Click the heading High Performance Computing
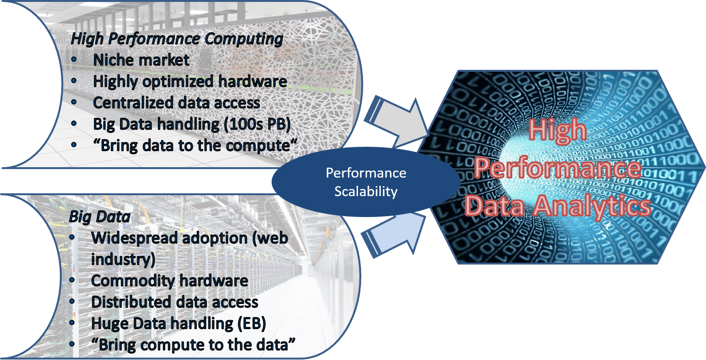tap(177, 39)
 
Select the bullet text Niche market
tap(141, 60)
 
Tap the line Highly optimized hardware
tap(190, 81)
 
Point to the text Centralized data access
tap(176, 103)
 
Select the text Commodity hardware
tap(169, 280)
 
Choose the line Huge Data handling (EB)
tap(179, 323)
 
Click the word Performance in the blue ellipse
tap(366, 173)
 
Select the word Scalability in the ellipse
tap(366, 191)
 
